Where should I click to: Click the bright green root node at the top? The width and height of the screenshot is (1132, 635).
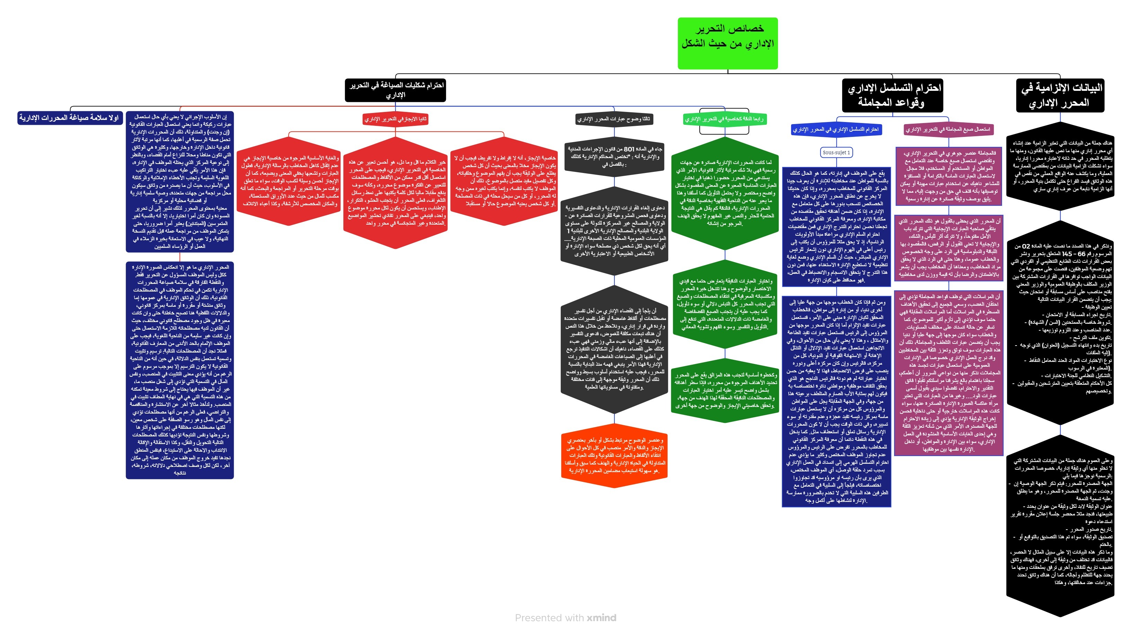[x=727, y=43]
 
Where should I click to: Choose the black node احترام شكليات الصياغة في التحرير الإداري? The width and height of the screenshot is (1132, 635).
[x=395, y=90]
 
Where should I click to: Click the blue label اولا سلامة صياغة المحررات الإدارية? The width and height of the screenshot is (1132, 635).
[x=69, y=118]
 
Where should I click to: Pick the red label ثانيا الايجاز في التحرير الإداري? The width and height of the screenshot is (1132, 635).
[x=395, y=119]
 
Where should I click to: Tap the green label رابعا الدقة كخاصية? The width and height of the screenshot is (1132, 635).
[x=724, y=119]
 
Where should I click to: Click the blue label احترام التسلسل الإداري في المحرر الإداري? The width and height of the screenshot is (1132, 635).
[x=836, y=130]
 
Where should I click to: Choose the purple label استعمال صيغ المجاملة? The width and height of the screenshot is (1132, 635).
[x=948, y=130]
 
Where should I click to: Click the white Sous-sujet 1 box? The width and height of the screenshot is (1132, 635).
[x=836, y=153]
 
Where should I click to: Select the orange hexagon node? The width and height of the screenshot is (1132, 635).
[x=614, y=455]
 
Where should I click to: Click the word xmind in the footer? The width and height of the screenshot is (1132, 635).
[x=602, y=618]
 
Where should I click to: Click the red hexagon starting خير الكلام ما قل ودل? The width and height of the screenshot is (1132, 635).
[x=396, y=192]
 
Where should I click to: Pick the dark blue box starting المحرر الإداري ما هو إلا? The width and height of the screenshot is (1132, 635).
[x=180, y=370]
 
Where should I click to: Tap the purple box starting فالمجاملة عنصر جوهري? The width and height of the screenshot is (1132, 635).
[x=949, y=176]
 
